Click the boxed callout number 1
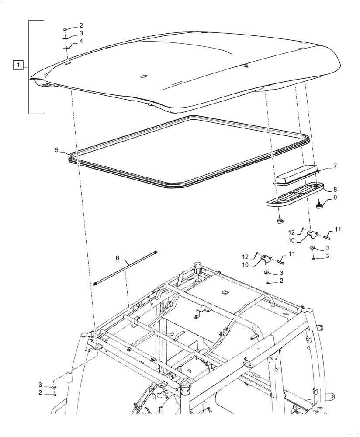(17, 66)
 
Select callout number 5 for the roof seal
(57, 150)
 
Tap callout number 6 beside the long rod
(117, 258)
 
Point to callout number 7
(335, 166)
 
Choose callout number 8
(335, 190)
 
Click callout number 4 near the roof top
(81, 42)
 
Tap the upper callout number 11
(338, 229)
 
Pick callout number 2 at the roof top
(81, 25)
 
